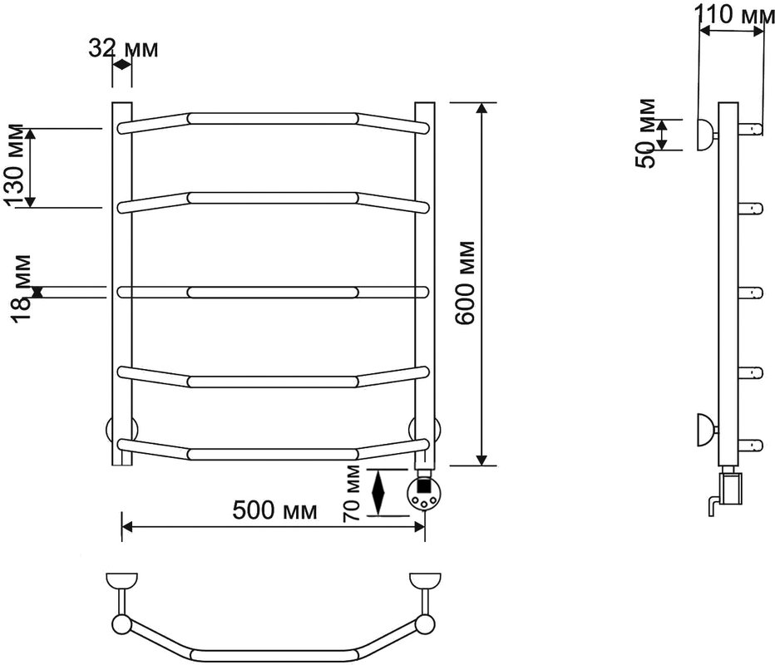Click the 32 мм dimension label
pos(124,49)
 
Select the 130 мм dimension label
pos(13,165)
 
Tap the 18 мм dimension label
pos(22,288)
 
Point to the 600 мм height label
pos(465,283)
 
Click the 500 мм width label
pos(274,510)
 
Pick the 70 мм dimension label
pos(352,494)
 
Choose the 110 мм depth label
pos(735,14)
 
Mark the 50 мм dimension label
pos(645,133)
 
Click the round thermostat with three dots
pos(422,496)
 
